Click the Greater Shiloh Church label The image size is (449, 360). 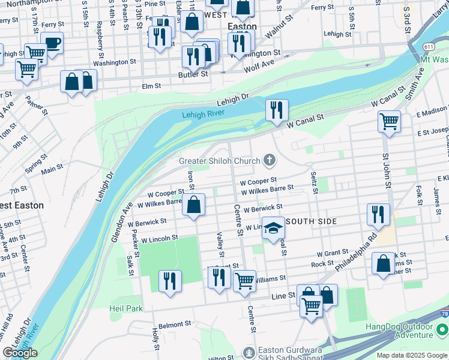[220, 160]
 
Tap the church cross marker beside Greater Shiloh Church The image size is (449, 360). [270, 160]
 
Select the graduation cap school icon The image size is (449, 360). [273, 228]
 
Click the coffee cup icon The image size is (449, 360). [52, 43]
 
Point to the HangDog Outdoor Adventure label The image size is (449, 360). [400, 331]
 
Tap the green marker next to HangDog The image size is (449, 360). [442, 330]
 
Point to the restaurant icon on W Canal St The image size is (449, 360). [277, 110]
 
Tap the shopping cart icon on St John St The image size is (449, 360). [389, 122]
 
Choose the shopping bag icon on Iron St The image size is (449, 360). [194, 205]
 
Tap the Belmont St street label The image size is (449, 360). [175, 324]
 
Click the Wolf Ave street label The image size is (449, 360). [259, 64]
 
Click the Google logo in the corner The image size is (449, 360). [20, 353]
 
